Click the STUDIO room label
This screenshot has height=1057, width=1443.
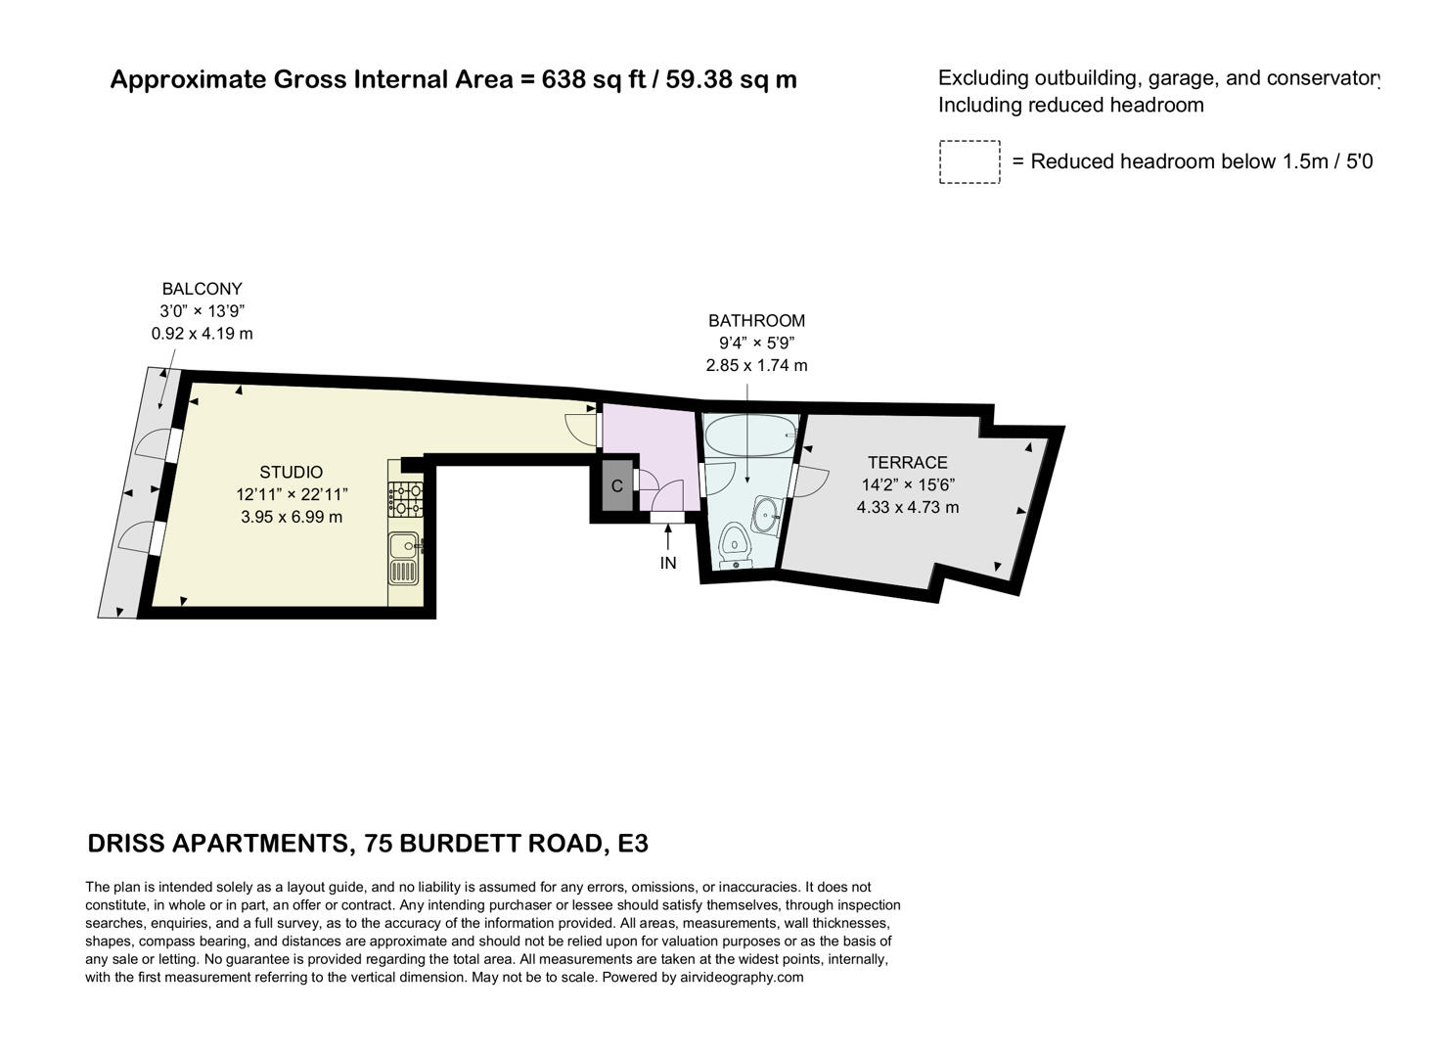click(x=291, y=472)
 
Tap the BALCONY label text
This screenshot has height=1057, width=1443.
click(x=202, y=289)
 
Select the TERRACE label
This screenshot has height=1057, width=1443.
click(x=907, y=462)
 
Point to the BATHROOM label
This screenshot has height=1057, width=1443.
click(x=756, y=320)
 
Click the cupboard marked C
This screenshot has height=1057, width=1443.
click(x=616, y=486)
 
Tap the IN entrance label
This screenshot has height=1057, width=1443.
click(x=668, y=563)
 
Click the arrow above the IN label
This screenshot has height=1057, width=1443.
click(x=668, y=536)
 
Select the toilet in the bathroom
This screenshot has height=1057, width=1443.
click(x=733, y=546)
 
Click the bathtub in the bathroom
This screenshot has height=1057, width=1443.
click(x=749, y=435)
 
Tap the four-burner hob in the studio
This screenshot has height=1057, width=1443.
click(x=406, y=498)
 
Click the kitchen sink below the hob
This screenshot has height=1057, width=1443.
click(x=404, y=558)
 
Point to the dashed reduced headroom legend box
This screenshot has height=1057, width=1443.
click(x=970, y=161)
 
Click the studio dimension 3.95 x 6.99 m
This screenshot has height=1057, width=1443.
click(x=292, y=517)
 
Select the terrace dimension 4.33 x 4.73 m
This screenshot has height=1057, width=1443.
click(x=908, y=507)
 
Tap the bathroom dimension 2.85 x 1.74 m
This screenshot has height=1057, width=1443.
click(x=756, y=365)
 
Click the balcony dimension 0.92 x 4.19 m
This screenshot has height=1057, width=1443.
click(x=202, y=334)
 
